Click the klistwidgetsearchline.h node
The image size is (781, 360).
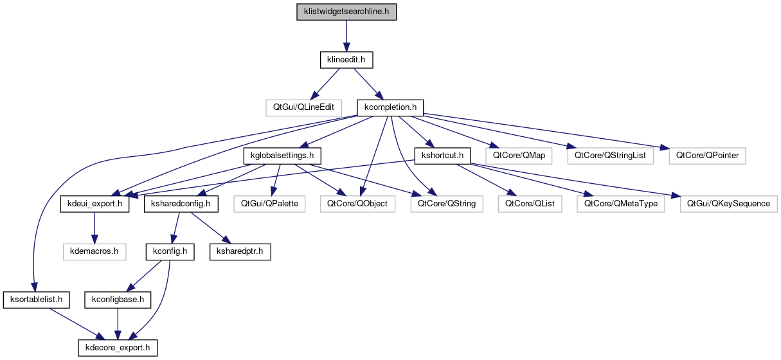pyautogui.click(x=346, y=12)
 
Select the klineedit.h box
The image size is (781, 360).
pyautogui.click(x=346, y=60)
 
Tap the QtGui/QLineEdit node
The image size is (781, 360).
pyautogui.click(x=303, y=107)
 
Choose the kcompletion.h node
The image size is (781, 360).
pyautogui.click(x=390, y=107)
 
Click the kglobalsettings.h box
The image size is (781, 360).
pyautogui.click(x=282, y=156)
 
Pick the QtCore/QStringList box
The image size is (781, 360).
pyautogui.click(x=611, y=156)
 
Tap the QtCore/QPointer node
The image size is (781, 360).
pyautogui.click(x=706, y=156)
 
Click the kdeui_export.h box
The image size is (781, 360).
pyautogui.click(x=94, y=204)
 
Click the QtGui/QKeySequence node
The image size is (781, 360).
pyautogui.click(x=729, y=204)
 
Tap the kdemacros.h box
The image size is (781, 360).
pyautogui.click(x=94, y=251)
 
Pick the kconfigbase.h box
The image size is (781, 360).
pyautogui.click(x=117, y=300)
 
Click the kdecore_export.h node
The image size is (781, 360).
pyautogui.click(x=117, y=348)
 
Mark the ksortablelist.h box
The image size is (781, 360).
pyautogui.click(x=36, y=300)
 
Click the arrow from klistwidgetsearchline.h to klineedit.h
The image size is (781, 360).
pyautogui.click(x=346, y=36)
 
